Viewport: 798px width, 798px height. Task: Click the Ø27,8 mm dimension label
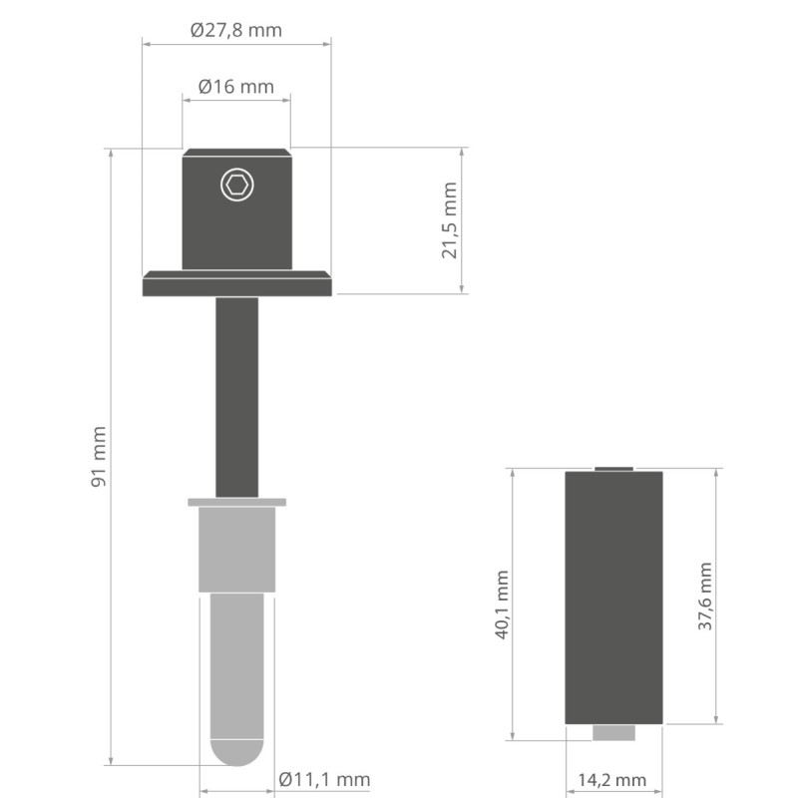pos(236,30)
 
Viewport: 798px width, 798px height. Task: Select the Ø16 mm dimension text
pos(236,87)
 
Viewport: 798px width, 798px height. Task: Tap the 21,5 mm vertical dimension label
pos(450,220)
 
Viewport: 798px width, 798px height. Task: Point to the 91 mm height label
pos(99,457)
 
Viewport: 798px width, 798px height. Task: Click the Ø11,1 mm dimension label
pos(324,779)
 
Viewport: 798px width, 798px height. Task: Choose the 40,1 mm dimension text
pos(502,604)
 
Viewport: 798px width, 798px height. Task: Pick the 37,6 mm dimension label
pos(705,597)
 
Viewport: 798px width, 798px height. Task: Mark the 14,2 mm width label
pos(612,780)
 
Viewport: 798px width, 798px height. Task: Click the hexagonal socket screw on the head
pos(237,185)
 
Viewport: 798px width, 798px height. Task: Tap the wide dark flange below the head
pos(237,283)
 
